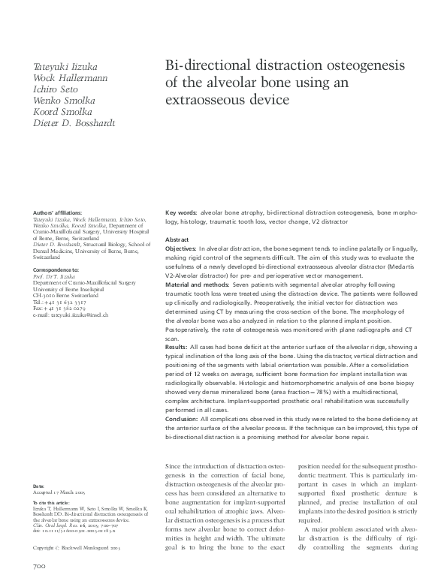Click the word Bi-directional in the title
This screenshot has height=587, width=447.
pyautogui.click(x=207, y=66)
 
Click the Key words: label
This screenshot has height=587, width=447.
pyautogui.click(x=181, y=213)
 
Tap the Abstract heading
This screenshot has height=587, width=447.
pyautogui.click(x=177, y=239)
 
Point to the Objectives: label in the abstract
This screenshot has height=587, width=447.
pyautogui.click(x=181, y=248)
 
